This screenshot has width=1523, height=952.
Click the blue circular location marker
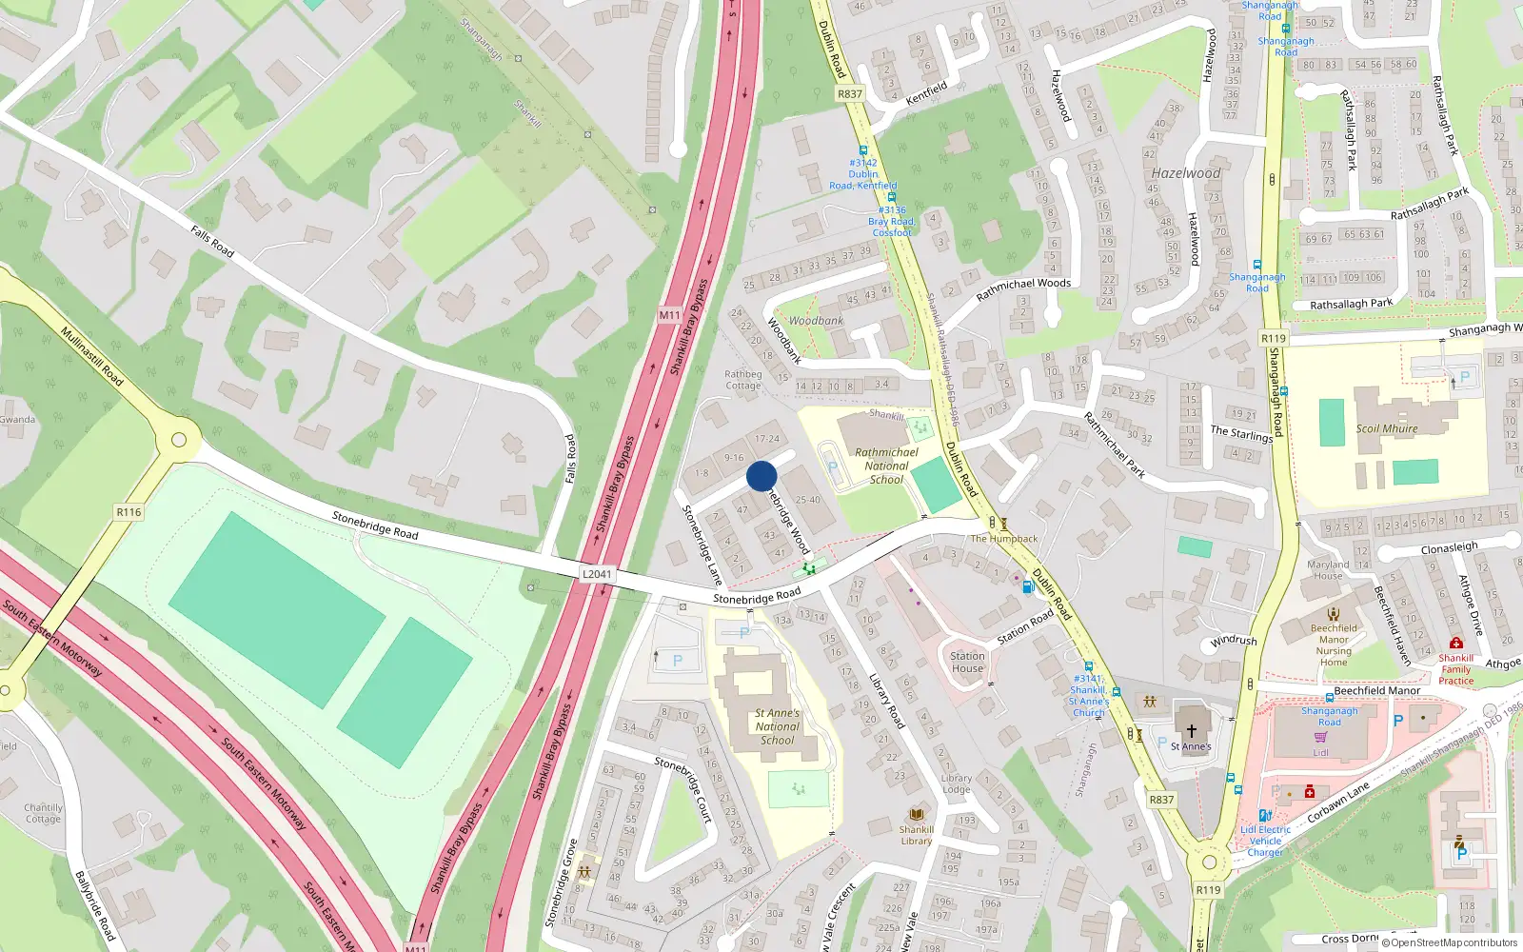(761, 475)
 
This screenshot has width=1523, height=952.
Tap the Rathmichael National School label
(886, 466)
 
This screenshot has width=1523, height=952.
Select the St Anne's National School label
(778, 726)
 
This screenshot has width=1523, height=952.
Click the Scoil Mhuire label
(1387, 428)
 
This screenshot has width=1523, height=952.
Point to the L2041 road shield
(597, 574)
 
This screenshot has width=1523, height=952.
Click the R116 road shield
(129, 512)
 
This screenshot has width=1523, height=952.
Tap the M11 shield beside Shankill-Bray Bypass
(670, 315)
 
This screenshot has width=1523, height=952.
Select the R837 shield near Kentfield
(849, 94)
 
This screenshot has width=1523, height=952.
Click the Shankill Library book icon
(917, 815)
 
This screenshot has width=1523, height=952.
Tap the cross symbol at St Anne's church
(1191, 730)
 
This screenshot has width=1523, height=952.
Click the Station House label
(967, 662)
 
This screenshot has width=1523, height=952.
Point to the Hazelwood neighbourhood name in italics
(1185, 173)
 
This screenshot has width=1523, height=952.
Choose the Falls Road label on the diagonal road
(212, 241)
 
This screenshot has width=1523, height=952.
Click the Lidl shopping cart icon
(1320, 737)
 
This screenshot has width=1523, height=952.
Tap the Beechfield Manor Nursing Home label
(1334, 645)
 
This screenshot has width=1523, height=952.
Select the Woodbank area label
(816, 321)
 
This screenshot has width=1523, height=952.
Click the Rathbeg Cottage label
(742, 380)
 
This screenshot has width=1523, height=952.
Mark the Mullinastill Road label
(91, 356)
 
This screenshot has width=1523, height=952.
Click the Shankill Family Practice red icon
(1455, 645)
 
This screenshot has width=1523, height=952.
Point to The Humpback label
(1004, 539)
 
